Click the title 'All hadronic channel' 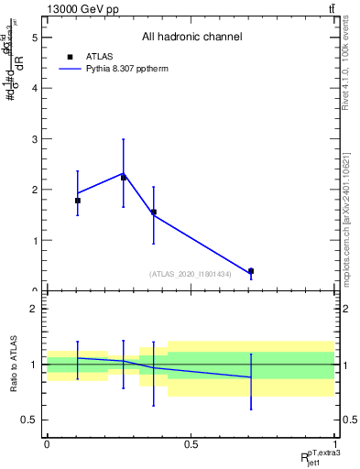click(191, 37)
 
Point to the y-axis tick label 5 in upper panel click(34, 38)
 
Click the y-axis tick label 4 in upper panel click(34, 89)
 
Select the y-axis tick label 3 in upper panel click(34, 139)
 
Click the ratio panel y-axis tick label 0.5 click(30, 420)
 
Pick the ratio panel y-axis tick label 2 click(34, 309)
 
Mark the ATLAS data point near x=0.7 click(251, 271)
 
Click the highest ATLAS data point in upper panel click(124, 177)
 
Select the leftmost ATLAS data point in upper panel click(78, 200)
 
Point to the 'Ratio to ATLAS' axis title click(12, 365)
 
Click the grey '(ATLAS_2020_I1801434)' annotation click(191, 273)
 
